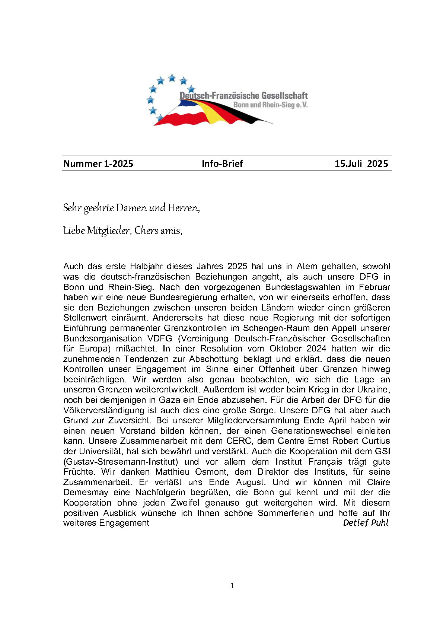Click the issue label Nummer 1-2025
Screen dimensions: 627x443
98,163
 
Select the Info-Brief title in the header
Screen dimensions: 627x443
222,163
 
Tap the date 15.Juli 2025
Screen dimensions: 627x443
361,163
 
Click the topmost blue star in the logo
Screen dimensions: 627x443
172,78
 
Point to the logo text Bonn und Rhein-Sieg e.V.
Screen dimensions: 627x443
270,105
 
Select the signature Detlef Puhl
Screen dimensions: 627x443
366,523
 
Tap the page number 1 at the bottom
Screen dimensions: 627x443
232,586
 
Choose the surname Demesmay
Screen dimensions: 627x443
86,492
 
